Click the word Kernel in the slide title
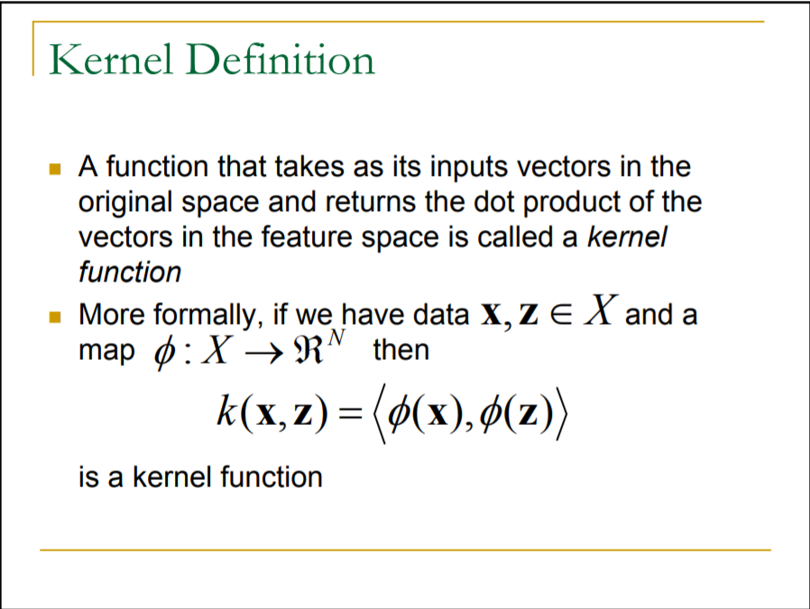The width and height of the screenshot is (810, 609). (103, 60)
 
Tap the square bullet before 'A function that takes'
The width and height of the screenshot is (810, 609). (55, 169)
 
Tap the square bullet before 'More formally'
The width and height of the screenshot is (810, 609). (55, 318)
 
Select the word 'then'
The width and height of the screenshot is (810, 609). (400, 349)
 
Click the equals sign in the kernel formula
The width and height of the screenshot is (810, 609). (348, 415)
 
